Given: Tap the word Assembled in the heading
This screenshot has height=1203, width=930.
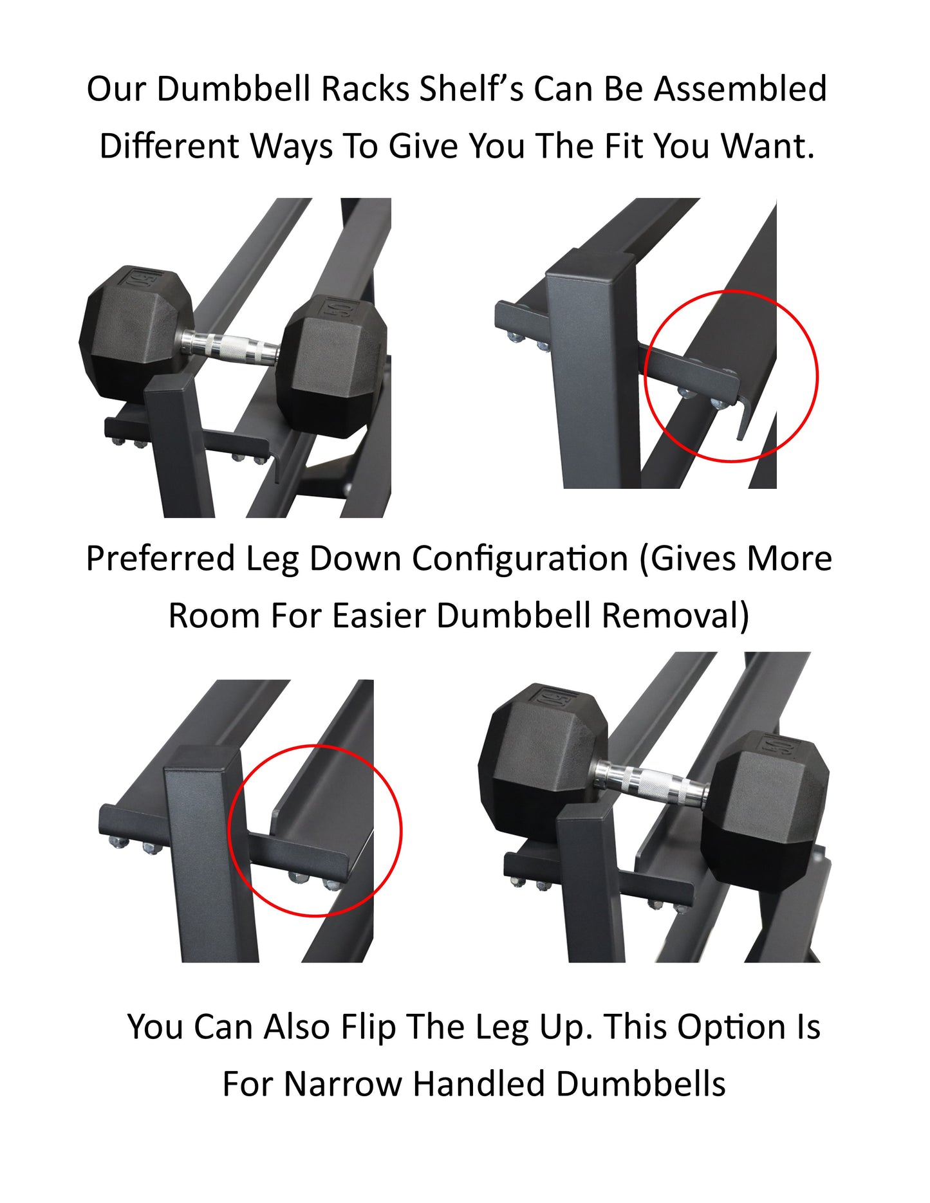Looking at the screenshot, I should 740,89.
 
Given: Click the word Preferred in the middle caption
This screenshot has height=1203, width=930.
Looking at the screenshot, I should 160,558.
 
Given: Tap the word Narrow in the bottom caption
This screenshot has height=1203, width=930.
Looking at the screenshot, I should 342,1083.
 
